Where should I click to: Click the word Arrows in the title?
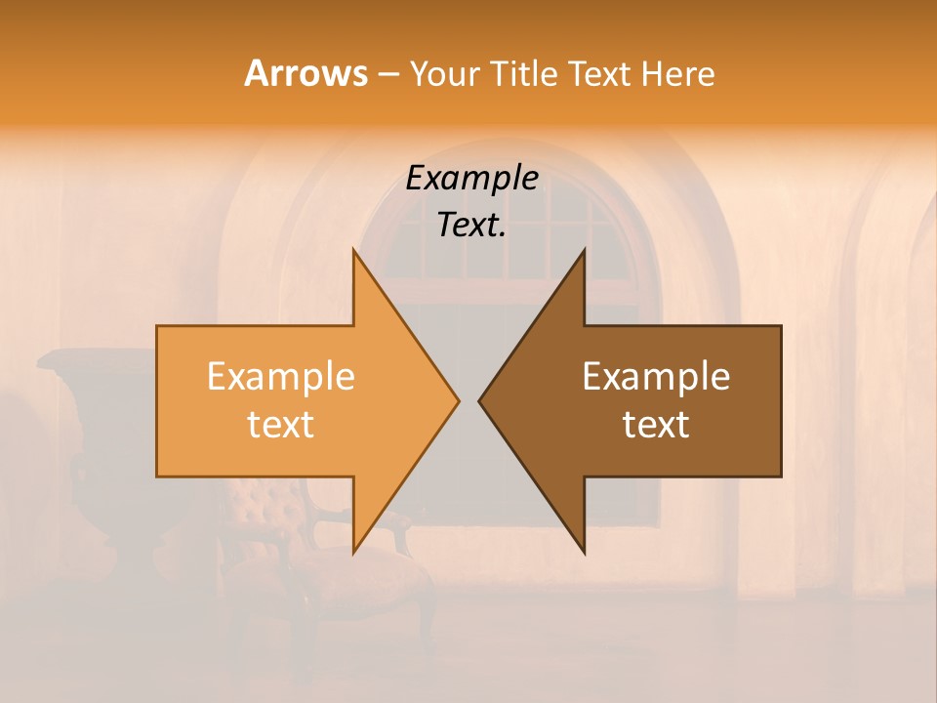[306, 73]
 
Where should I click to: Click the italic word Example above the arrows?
[471, 178]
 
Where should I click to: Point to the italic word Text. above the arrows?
[471, 225]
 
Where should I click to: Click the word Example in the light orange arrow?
[281, 376]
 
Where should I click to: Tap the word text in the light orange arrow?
[281, 424]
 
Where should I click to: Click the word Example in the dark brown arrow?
[656, 376]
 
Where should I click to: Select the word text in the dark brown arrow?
[656, 424]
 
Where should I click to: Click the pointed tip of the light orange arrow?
[458, 400]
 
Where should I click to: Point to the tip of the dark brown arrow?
[480, 400]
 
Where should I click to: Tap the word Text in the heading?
[601, 73]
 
